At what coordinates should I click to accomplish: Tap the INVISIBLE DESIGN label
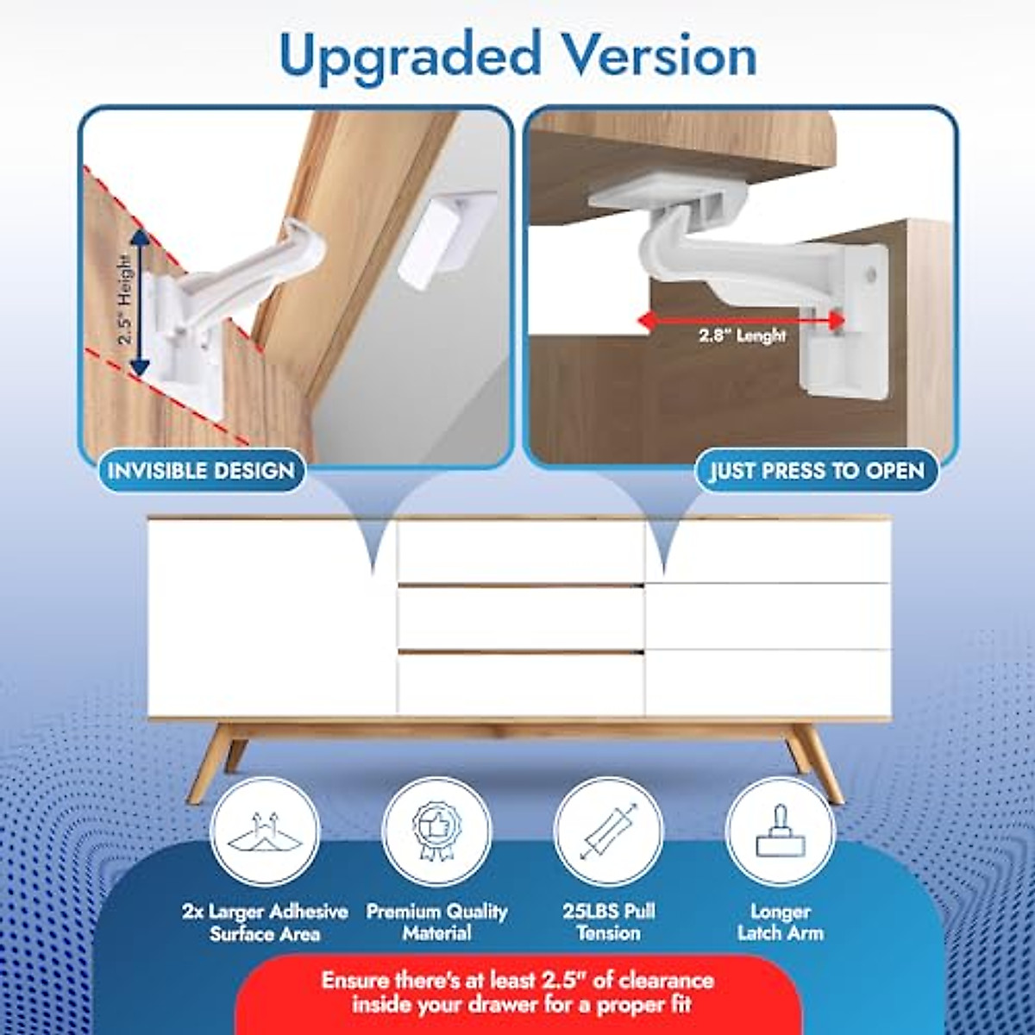201,471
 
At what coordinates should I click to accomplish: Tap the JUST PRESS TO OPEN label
816,471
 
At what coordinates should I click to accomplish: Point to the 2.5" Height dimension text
126,298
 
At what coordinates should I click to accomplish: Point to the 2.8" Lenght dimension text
742,336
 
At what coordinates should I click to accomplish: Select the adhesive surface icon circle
265,832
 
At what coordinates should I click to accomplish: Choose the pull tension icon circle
608,832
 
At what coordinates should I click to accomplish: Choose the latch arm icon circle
780,832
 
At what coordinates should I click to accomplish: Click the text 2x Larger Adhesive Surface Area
265,922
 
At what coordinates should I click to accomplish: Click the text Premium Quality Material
436,922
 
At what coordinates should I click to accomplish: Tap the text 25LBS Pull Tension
608,922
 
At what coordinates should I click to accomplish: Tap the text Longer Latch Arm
780,922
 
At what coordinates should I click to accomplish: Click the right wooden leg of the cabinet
816,762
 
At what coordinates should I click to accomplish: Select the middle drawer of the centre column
520,618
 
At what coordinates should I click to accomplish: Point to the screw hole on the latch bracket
872,276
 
